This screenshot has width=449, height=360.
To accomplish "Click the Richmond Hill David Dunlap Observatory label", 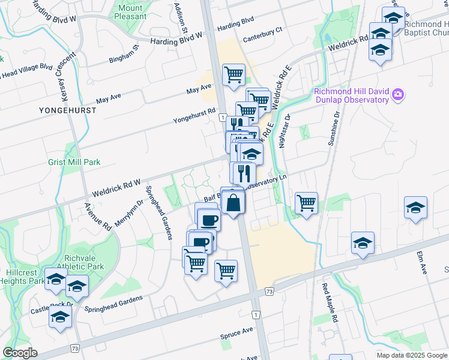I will click(x=351, y=95).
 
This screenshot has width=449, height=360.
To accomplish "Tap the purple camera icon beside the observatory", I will click(x=397, y=95).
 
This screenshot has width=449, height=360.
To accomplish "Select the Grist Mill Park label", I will click(x=74, y=162).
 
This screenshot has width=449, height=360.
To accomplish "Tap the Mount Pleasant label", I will click(x=130, y=12).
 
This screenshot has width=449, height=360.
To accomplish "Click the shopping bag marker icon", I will click(x=234, y=203).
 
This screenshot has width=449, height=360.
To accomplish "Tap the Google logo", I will click(x=20, y=353).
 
